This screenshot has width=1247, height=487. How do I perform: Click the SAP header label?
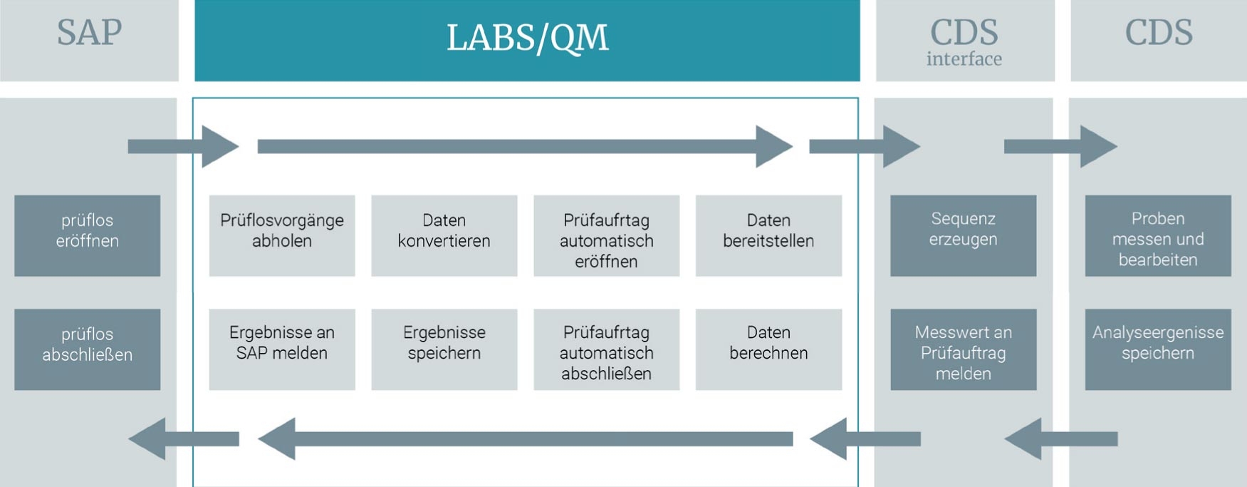tap(89, 33)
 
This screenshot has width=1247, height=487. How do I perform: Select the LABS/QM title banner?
tap(527, 39)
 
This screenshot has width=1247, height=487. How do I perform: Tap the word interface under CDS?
tap(964, 59)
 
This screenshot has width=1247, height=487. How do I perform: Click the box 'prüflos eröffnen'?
tap(87, 235)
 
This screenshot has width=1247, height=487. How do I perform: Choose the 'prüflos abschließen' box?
tap(87, 349)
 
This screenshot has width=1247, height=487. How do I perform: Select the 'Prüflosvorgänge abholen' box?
tap(281, 235)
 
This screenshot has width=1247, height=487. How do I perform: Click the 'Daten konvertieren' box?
tap(444, 235)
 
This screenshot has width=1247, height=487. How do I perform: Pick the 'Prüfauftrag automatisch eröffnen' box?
tap(606, 235)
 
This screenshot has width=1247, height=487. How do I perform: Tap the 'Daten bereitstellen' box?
tap(768, 235)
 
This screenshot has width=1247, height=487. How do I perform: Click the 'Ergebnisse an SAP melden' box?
tap(281, 349)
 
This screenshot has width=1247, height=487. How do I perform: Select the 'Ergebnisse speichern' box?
tap(444, 349)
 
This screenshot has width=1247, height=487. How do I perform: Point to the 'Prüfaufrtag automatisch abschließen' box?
tap(606, 349)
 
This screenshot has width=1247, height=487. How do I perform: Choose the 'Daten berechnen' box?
tap(768, 349)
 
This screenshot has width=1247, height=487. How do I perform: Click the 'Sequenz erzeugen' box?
tap(963, 235)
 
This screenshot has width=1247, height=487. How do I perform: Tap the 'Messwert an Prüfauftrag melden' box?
tap(963, 349)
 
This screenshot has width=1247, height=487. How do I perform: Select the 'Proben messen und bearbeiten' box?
tap(1158, 235)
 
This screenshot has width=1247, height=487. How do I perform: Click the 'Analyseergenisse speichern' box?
tap(1158, 349)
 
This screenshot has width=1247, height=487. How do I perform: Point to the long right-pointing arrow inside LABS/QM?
tap(524, 146)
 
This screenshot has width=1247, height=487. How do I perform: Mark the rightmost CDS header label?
tap(1158, 33)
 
